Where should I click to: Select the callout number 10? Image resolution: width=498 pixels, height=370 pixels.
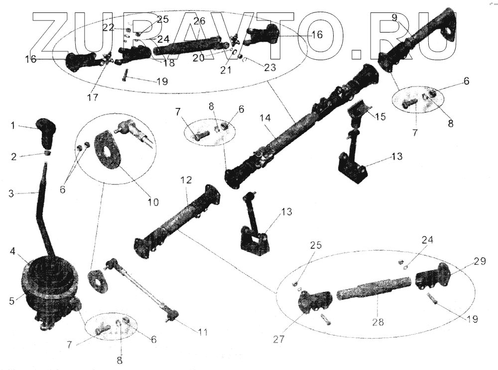pyautogui.click(x=153, y=202)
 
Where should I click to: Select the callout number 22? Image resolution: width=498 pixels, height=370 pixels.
pyautogui.click(x=109, y=28)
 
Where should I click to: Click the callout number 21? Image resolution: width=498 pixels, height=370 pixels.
pyautogui.click(x=227, y=71)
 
